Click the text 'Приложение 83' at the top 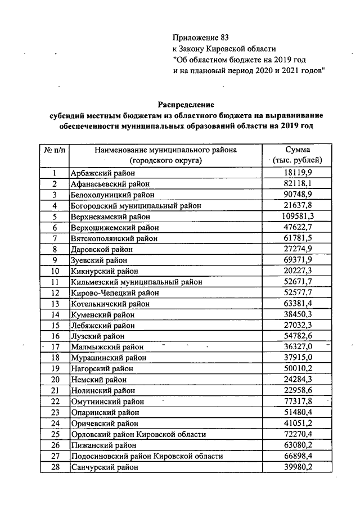[x=201, y=38]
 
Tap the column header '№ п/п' [x=55, y=150]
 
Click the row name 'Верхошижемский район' [x=115, y=228]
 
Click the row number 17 [x=55, y=347]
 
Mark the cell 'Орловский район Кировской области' [x=138, y=435]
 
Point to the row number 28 [x=55, y=467]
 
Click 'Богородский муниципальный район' [x=136, y=206]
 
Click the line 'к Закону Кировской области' [x=224, y=49]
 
